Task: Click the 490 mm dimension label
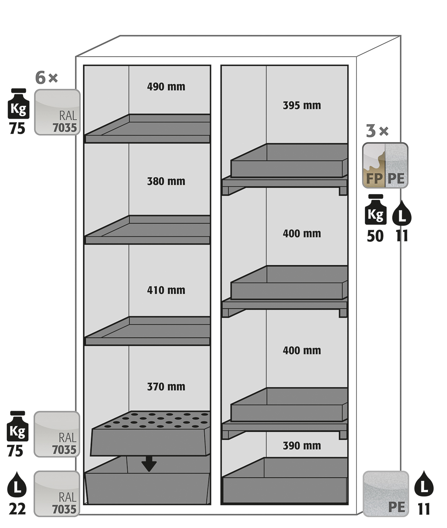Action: click(166, 87)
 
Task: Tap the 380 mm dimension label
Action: click(166, 181)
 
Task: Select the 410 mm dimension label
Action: click(166, 290)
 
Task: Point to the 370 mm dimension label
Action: click(166, 387)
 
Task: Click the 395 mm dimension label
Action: click(301, 105)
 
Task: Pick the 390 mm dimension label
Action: click(301, 446)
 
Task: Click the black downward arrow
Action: click(149, 464)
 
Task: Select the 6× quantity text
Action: click(46, 77)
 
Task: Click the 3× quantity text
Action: click(377, 131)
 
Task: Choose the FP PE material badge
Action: click(385, 165)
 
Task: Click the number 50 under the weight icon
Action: click(375, 236)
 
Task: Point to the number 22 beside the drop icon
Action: click(17, 509)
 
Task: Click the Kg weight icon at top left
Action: click(18, 104)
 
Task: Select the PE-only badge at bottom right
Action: click(386, 494)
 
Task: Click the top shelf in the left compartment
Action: click(147, 129)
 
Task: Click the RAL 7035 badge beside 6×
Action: click(57, 112)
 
